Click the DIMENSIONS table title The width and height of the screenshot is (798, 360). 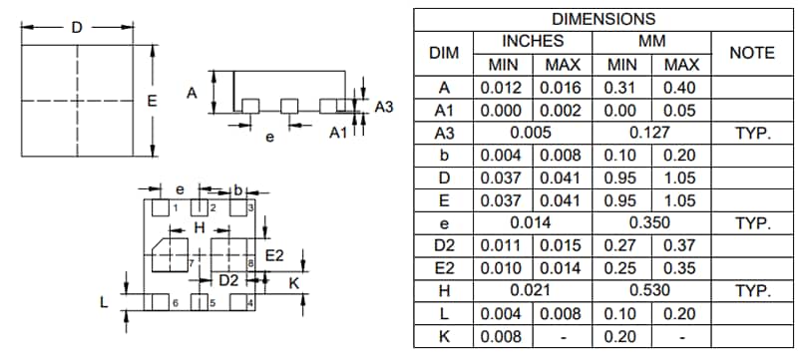(603, 19)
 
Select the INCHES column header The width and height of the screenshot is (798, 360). (532, 41)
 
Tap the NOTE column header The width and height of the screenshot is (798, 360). (752, 53)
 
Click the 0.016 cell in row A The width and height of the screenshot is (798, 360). (563, 88)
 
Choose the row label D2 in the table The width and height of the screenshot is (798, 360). (443, 245)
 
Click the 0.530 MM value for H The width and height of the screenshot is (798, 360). (650, 290)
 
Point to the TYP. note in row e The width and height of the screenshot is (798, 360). (752, 223)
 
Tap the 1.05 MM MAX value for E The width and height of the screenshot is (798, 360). (681, 200)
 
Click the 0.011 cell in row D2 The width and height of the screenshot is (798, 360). (503, 245)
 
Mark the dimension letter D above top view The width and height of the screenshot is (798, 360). (77, 27)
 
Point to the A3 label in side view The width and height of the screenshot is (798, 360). (384, 105)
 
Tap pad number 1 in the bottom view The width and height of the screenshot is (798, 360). (175, 208)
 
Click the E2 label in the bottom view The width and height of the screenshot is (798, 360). (274, 256)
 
